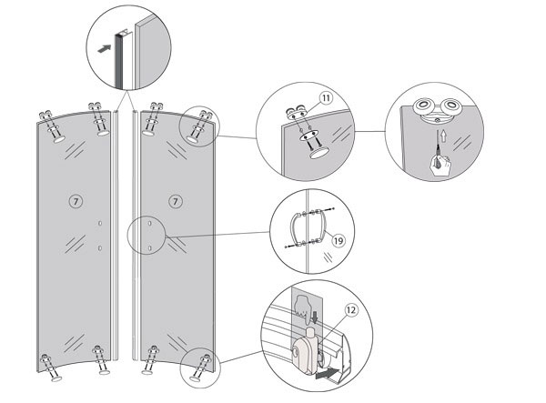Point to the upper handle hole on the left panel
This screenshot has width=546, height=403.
(x=99, y=222)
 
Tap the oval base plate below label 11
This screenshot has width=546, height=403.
(x=318, y=152)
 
